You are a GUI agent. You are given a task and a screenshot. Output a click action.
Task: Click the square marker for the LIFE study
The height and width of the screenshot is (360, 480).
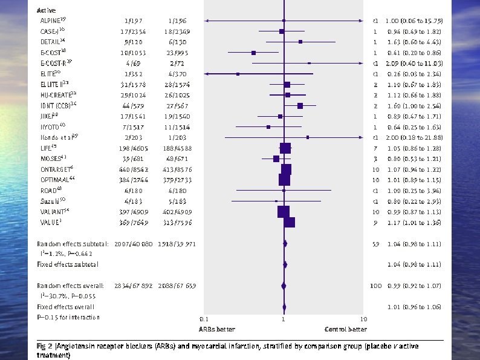[285, 148]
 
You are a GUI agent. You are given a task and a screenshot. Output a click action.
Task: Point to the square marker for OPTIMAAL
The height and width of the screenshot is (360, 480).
[284, 180]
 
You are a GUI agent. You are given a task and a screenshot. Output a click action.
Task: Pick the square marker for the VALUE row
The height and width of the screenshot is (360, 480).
[289, 223]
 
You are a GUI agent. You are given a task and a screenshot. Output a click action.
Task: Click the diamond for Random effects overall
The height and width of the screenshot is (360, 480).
[283, 286]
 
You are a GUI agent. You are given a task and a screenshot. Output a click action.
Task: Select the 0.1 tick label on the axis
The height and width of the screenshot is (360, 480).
[203, 319]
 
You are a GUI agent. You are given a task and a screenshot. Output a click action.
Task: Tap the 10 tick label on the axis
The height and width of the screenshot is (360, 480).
[363, 319]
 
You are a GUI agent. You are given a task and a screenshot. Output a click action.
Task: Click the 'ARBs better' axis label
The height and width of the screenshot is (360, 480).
[217, 329]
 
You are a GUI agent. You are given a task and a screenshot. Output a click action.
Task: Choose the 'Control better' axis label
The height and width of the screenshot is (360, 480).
[345, 329]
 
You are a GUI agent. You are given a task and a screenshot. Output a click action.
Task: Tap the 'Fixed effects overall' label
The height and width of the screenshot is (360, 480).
[65, 307]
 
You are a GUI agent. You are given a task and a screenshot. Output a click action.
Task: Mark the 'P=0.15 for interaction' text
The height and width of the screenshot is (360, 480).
[68, 317]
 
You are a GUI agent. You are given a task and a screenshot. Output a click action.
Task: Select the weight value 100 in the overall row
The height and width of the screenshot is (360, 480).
[374, 286]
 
